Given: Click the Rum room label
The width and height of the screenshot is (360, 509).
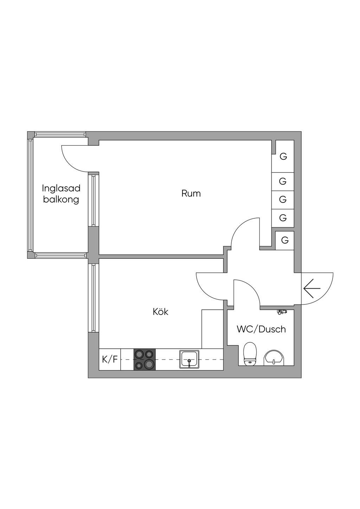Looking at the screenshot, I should [191, 193].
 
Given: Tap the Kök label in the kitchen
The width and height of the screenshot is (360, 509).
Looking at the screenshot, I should [160, 311].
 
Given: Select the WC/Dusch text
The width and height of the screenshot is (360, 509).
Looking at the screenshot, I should [261, 329].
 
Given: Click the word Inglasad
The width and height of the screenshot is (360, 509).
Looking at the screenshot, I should [61, 188].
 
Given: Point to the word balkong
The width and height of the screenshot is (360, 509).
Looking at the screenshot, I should [61, 200].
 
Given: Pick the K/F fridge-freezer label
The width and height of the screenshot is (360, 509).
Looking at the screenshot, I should [110, 359].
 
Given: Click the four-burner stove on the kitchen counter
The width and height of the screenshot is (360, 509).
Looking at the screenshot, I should [144, 359].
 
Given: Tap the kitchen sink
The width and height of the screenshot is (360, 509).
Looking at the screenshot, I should [189, 359].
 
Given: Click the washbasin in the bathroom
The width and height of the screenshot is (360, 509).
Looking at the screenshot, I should [274, 357].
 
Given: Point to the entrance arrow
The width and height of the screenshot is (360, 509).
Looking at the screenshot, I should [312, 288].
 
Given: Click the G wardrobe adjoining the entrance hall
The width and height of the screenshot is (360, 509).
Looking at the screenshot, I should [285, 240].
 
